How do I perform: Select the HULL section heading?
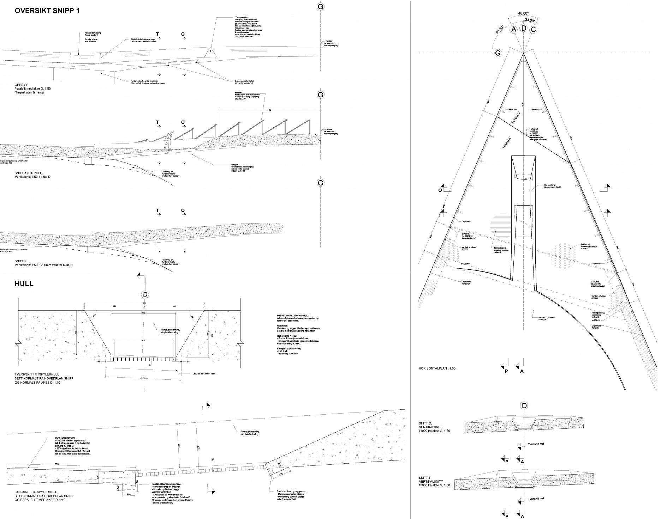click(24, 284)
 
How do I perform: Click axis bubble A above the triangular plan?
click(514, 29)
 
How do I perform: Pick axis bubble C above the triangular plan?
click(533, 29)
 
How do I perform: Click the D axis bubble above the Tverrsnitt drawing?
click(145, 295)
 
